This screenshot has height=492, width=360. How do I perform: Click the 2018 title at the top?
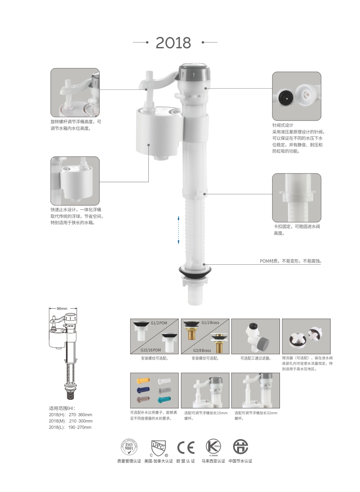(x=173, y=43)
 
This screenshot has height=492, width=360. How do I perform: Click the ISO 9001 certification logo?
(x=129, y=447)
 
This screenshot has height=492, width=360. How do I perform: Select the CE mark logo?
(x=186, y=447)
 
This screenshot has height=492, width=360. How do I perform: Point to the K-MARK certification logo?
(x=213, y=447)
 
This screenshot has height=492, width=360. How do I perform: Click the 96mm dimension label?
(x=62, y=309)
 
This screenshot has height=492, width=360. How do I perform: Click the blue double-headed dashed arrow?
(x=178, y=230)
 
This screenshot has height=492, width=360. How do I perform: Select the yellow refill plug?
(x=143, y=380)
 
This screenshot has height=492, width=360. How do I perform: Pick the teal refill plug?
(x=164, y=399)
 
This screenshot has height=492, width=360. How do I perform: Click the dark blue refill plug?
(x=143, y=390)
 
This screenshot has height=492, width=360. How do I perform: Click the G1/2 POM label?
(x=159, y=323)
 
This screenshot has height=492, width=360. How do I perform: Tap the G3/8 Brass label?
(x=202, y=350)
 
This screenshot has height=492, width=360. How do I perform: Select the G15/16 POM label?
(x=151, y=350)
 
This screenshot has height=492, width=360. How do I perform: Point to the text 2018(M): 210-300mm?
(x=71, y=421)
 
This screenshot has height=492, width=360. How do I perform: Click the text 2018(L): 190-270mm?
(x=70, y=427)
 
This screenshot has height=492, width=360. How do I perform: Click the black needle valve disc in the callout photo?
(x=285, y=97)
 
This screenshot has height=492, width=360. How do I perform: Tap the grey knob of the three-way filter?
(x=263, y=343)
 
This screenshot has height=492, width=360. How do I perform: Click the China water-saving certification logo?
(x=241, y=446)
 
